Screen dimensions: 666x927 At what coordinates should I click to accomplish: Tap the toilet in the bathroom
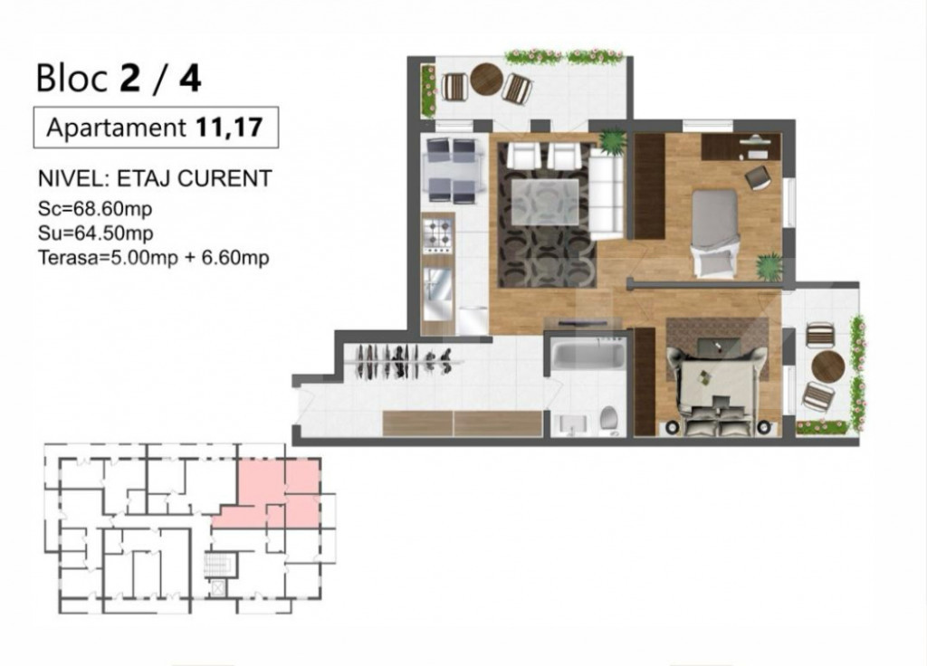(x=610, y=419)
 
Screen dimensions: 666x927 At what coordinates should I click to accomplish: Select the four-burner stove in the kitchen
(x=439, y=233)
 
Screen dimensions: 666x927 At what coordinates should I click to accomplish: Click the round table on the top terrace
(x=486, y=81)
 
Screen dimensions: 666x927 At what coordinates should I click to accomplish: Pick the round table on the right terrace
(x=827, y=366)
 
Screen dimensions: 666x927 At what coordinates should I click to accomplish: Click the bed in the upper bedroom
(x=715, y=231)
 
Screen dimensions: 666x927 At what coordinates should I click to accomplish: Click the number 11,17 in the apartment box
(x=228, y=128)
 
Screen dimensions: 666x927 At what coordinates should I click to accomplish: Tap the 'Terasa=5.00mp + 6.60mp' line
(x=154, y=258)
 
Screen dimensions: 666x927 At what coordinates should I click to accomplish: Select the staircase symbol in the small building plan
(x=216, y=566)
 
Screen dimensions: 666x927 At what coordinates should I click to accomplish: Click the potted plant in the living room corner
(x=612, y=142)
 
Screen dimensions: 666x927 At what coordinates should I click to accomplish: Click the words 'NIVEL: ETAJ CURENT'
(x=155, y=178)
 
